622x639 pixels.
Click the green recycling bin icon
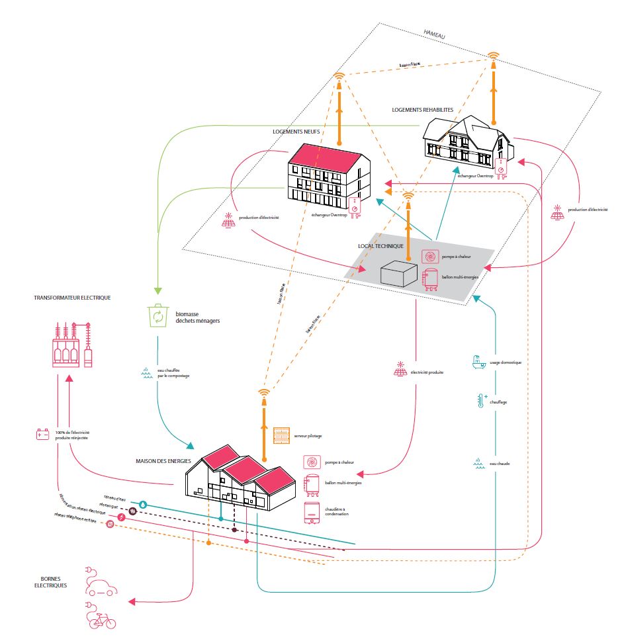tap(159, 316)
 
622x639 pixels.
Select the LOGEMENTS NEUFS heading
tap(296, 132)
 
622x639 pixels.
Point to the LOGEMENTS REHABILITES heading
tap(423, 110)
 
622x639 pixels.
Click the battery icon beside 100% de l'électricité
tap(43, 435)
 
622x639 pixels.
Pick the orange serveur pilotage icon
tap(283, 436)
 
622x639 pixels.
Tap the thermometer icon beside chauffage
tap(480, 401)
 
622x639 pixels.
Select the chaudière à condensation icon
tap(311, 513)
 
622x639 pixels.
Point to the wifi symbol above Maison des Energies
tap(263, 395)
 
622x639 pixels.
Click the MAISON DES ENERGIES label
tap(164, 461)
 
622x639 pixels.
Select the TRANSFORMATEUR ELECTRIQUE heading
tap(72, 298)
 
